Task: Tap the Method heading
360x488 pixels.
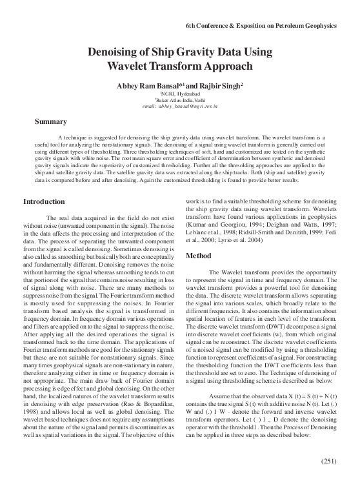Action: point(200,256)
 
